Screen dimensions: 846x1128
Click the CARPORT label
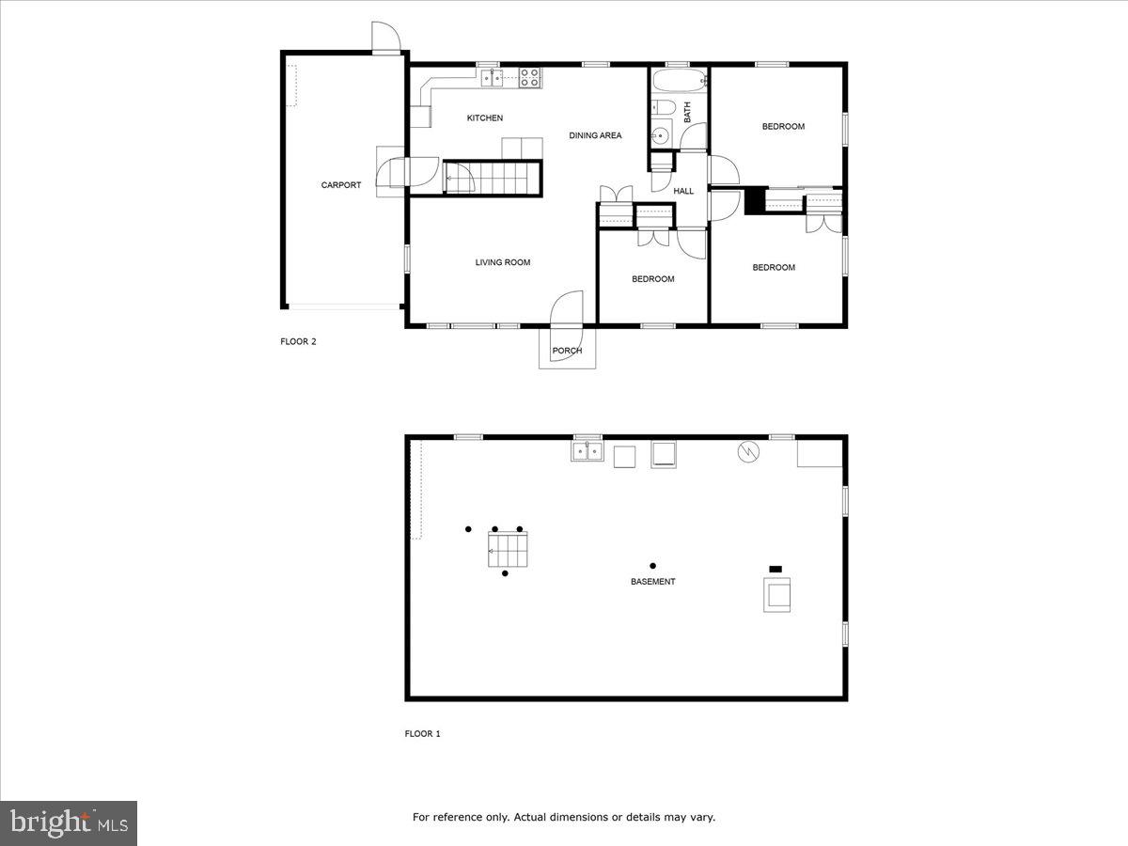pos(340,185)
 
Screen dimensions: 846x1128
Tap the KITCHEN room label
pos(485,118)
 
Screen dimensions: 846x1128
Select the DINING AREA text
pos(595,136)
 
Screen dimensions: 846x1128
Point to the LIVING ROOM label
pos(502,262)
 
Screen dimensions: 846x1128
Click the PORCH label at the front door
pos(567,351)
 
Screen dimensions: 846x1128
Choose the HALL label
pos(683,192)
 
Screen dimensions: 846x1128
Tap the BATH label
pos(687,113)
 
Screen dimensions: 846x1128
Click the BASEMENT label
pos(652,582)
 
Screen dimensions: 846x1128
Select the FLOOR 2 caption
pos(298,342)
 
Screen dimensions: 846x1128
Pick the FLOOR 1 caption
pos(422,733)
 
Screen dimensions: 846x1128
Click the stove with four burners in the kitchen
pos(530,78)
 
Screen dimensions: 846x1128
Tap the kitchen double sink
pos(493,79)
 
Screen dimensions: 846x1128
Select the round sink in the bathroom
pos(661,136)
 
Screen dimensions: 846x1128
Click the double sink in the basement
pos(587,453)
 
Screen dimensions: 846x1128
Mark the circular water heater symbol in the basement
pos(748,452)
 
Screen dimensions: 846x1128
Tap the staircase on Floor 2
pos(493,177)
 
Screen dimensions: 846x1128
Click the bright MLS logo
pos(69,823)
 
